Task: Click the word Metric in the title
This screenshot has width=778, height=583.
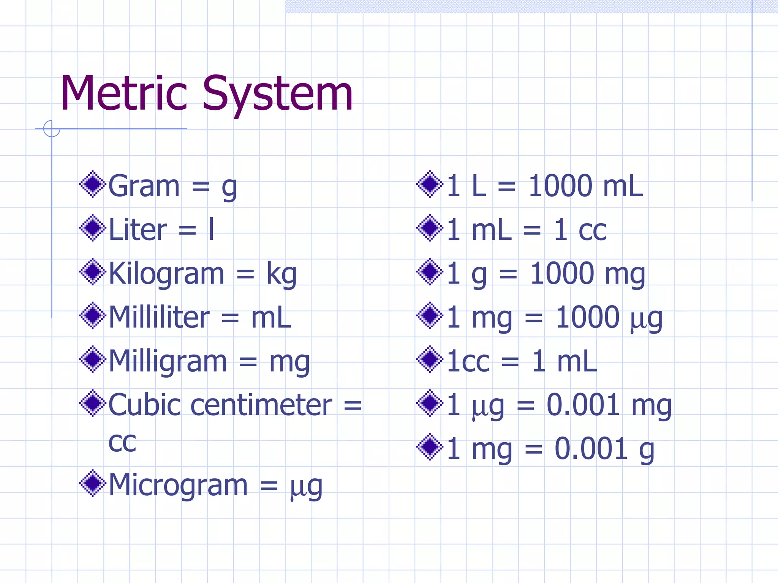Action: (124, 94)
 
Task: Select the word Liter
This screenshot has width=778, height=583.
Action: (138, 230)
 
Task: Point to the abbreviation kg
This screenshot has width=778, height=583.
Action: (281, 274)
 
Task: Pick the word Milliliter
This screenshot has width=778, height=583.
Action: (159, 317)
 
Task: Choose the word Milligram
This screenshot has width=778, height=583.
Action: (168, 361)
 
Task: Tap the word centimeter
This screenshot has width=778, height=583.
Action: (261, 405)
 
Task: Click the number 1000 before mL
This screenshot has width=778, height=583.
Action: (560, 186)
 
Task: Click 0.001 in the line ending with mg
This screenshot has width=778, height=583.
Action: (583, 405)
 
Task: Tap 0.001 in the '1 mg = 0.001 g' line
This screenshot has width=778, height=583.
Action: (591, 449)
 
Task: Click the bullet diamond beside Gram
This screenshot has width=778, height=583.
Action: (92, 184)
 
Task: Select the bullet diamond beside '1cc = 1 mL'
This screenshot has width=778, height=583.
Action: (430, 359)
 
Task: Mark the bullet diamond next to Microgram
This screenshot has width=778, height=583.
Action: (92, 483)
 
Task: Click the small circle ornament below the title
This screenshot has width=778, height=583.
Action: (52, 129)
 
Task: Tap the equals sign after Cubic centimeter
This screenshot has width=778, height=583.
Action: (353, 405)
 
